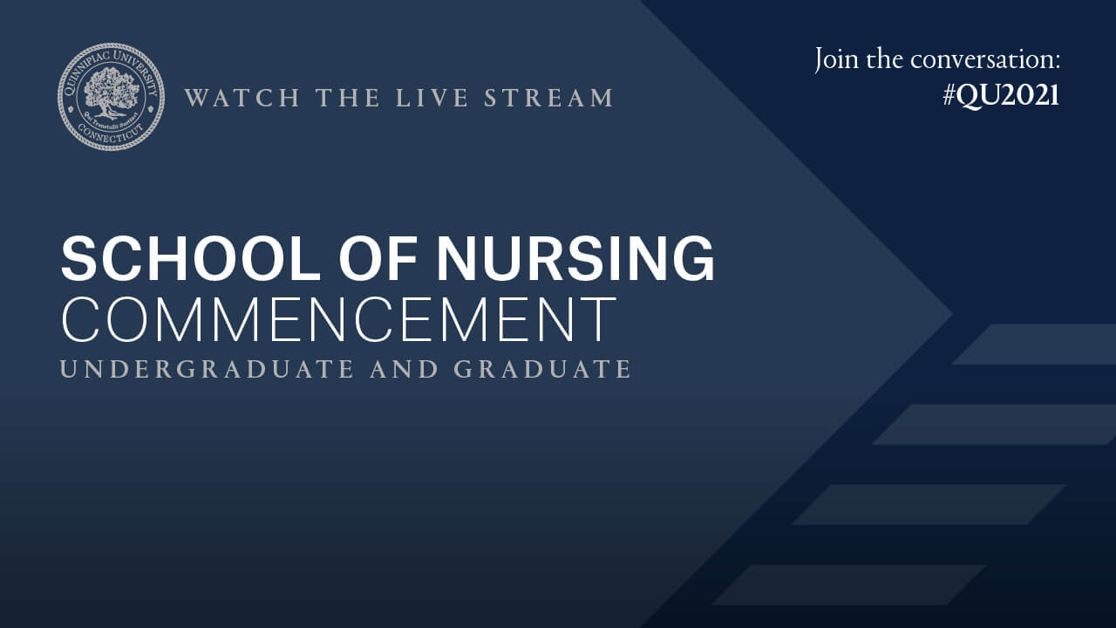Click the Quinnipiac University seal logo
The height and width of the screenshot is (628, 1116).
point(111,97)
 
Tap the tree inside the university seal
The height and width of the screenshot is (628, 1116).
point(111,92)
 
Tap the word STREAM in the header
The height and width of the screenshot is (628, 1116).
point(549,98)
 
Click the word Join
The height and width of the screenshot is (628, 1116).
point(838,59)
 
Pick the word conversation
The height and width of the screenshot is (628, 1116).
point(985,59)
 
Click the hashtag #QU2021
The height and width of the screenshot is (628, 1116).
point(1001,95)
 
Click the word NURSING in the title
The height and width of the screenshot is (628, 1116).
point(575,259)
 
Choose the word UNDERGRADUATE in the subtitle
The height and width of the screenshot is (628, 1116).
point(207,369)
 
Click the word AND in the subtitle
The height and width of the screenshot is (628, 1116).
point(404,369)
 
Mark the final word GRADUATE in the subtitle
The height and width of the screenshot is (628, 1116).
point(542,369)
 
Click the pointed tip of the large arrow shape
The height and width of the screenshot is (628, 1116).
point(949,314)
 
